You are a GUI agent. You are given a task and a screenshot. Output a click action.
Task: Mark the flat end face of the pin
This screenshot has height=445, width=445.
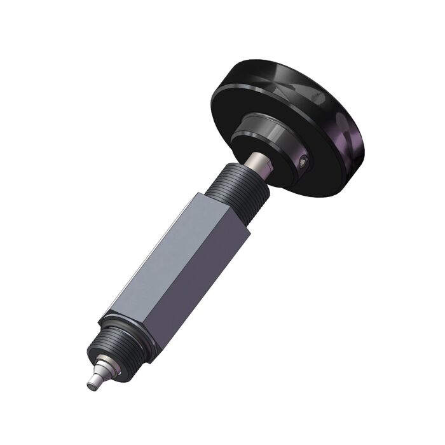90,383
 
